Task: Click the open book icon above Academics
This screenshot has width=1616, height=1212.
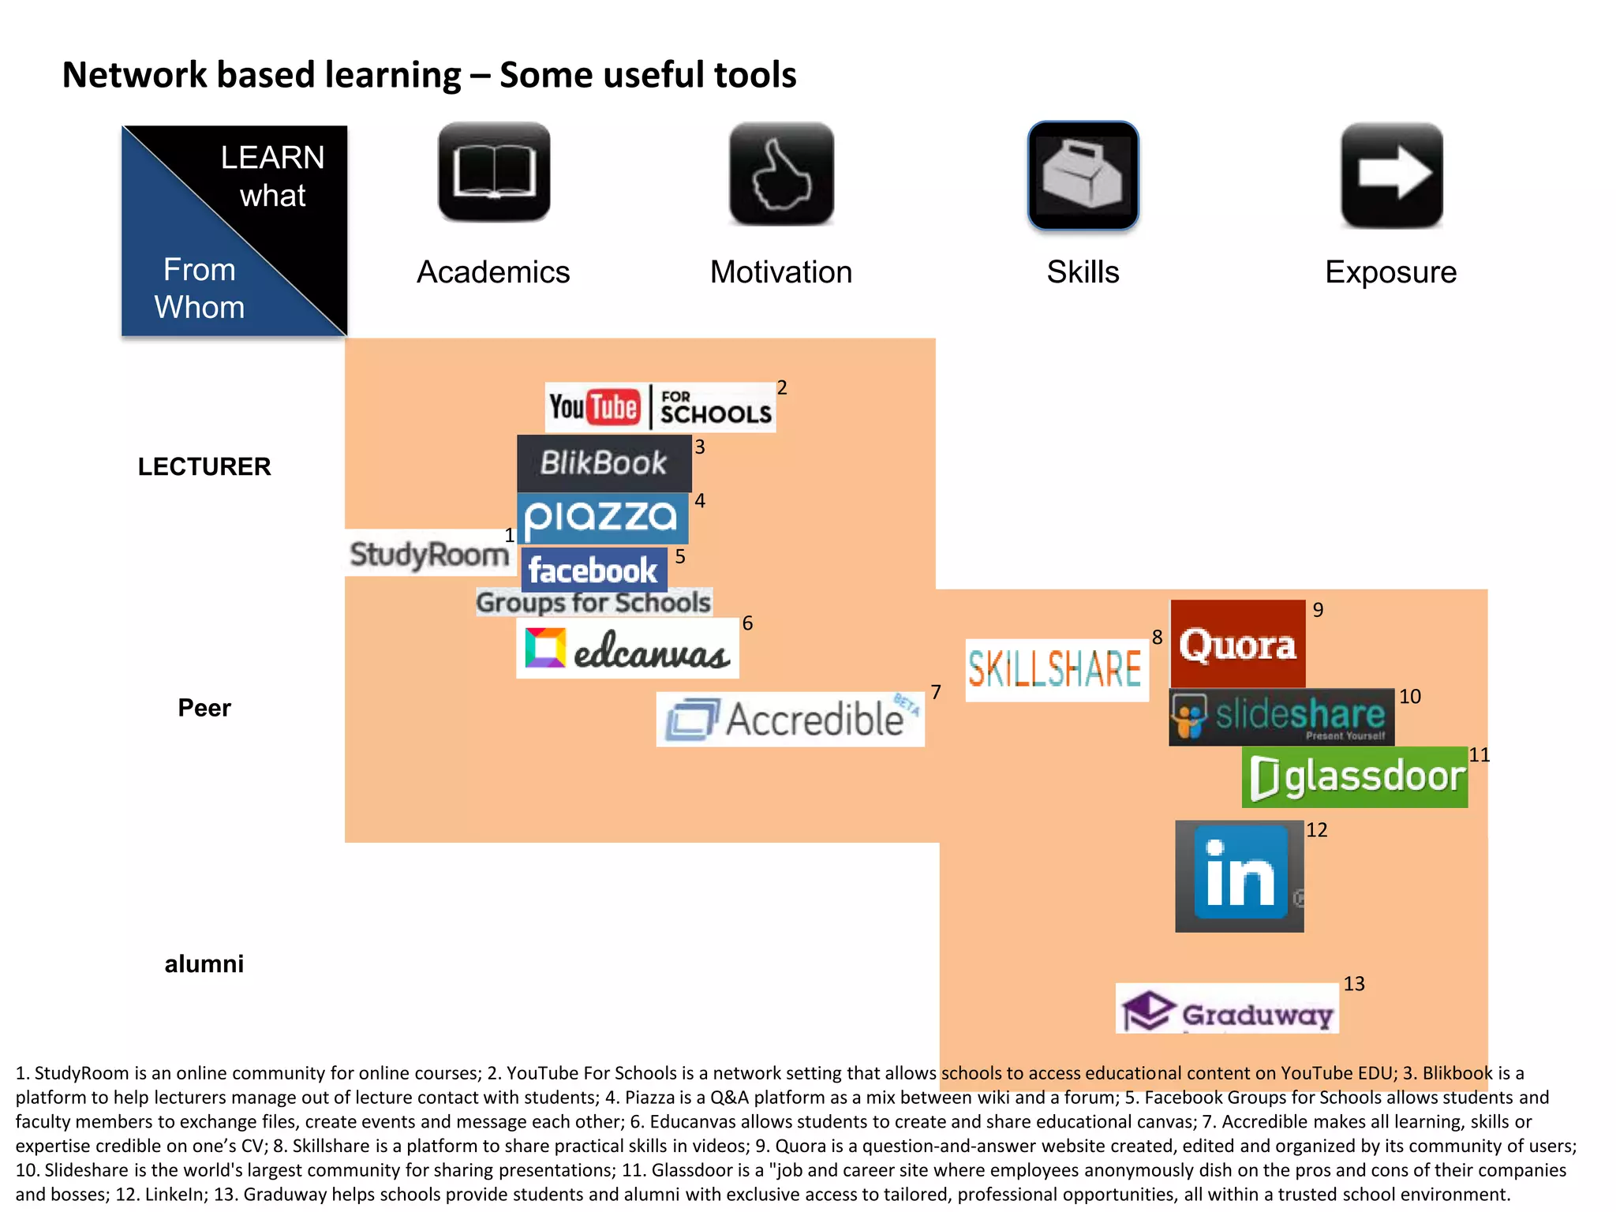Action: point(494,172)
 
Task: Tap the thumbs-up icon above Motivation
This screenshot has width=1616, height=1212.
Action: point(781,174)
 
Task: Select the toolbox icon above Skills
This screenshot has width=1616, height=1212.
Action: point(1083,175)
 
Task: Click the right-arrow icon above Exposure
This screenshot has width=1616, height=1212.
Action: point(1392,175)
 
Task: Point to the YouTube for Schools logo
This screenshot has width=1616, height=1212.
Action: point(660,407)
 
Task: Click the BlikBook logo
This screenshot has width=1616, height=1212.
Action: point(604,463)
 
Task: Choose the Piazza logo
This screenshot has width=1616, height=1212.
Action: point(602,518)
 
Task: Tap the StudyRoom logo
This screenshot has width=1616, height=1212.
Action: point(428,553)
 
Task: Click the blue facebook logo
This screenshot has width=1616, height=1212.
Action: point(593,570)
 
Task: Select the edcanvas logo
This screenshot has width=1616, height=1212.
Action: point(627,649)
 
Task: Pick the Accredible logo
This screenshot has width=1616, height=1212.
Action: point(790,719)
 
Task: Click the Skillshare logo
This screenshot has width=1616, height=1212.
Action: point(1055,670)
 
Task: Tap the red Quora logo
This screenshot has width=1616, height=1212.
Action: point(1237,644)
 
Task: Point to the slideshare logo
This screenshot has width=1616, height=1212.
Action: point(1281,716)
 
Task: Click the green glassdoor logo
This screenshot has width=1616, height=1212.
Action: point(1354,777)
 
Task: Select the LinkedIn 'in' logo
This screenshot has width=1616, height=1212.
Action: point(1239,876)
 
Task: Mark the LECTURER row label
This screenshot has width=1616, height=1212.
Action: point(204,466)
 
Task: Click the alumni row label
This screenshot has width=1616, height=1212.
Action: point(204,963)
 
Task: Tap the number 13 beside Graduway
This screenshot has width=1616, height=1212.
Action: point(1354,984)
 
